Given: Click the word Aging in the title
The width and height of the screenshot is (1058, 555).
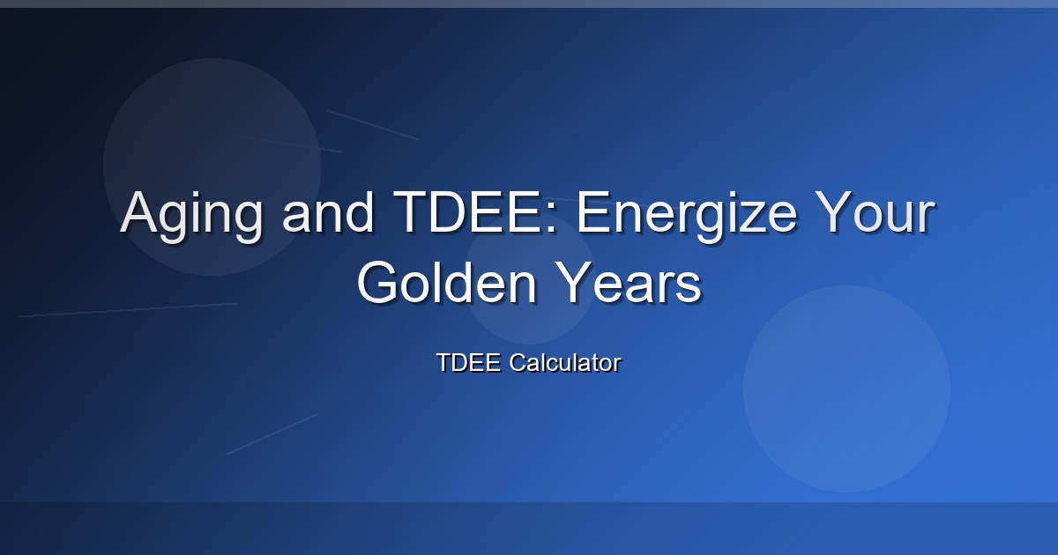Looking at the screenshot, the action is coord(190,216).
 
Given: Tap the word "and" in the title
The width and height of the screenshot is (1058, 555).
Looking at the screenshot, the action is coord(328,212).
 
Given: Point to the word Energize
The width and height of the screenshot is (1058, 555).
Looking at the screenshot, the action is coord(686,216).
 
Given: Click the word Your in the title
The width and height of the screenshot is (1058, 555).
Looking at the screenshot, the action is coord(875,212).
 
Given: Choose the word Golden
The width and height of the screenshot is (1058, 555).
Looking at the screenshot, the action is coord(447,282).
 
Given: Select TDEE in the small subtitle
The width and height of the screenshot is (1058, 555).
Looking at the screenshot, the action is coord(468,362).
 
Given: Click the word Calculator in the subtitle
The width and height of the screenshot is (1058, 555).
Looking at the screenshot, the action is coord(565,362).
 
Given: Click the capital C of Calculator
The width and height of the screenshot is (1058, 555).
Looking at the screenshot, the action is coord(518,362).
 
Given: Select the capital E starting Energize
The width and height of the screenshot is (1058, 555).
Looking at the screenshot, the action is coord(593,211).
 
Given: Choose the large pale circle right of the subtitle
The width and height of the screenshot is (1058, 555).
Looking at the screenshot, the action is coord(847,388).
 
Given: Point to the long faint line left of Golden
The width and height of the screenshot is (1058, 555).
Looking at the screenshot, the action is coord(128,309).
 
